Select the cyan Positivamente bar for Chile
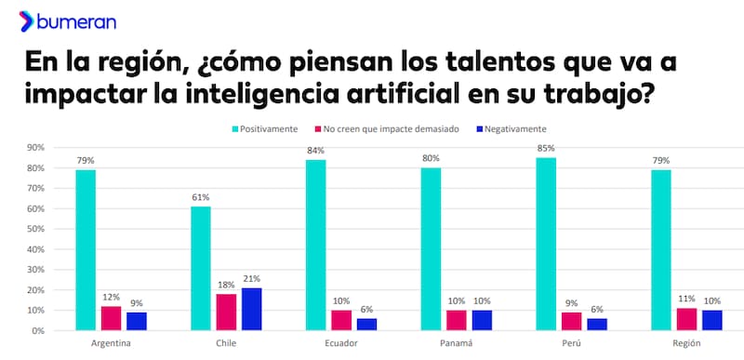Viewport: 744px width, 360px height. pyautogui.click(x=201, y=268)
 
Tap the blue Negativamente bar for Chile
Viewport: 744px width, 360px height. pyautogui.click(x=251, y=309)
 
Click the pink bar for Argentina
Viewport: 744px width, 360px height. pyautogui.click(x=112, y=318)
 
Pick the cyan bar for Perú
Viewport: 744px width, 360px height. pyautogui.click(x=547, y=244)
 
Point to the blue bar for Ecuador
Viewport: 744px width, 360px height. pyautogui.click(x=366, y=325)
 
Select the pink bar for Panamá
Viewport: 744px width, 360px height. pyautogui.click(x=457, y=320)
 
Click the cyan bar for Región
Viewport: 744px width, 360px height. pyautogui.click(x=661, y=250)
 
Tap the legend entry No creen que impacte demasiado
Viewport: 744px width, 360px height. pyautogui.click(x=391, y=128)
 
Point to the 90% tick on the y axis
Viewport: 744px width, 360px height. pyautogui.click(x=36, y=148)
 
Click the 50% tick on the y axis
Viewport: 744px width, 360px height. pyautogui.click(x=36, y=229)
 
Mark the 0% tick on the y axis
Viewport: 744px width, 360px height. pyautogui.click(x=39, y=331)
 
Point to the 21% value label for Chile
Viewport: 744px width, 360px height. pyautogui.click(x=251, y=278)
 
